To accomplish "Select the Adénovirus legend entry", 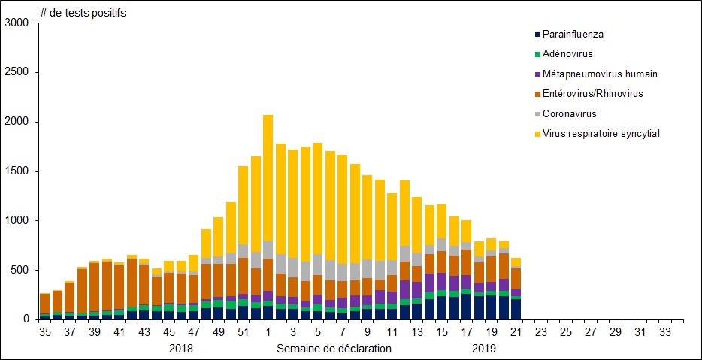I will (x=567, y=53).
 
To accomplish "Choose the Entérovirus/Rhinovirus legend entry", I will (x=592, y=93).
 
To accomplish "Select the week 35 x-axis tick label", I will (x=45, y=331).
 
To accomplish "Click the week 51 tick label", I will (x=243, y=331).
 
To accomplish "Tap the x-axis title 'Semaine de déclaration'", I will (x=334, y=349).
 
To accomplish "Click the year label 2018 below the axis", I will (x=181, y=349).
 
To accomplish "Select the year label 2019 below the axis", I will (x=485, y=349).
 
